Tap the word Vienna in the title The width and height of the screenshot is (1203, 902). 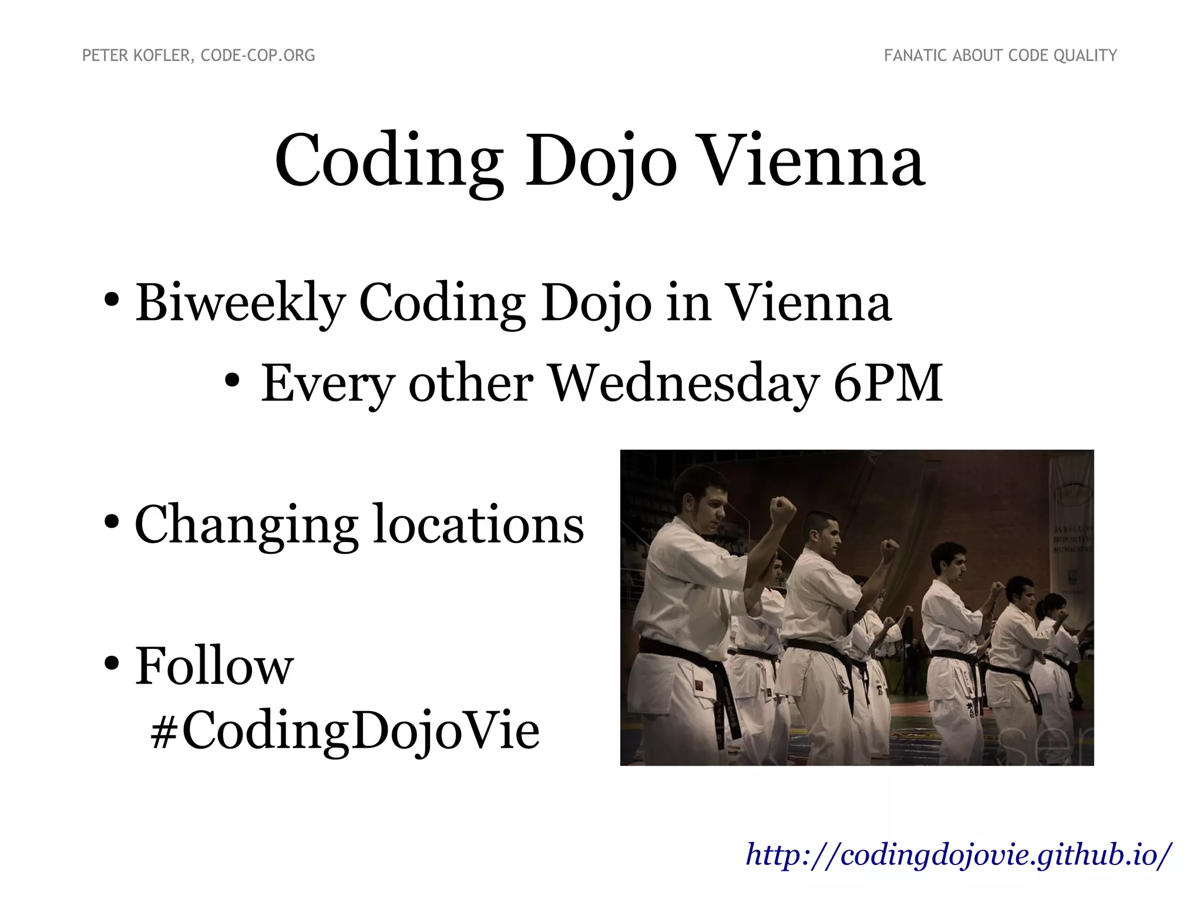tap(813, 161)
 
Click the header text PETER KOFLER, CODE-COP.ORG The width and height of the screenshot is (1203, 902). tap(199, 56)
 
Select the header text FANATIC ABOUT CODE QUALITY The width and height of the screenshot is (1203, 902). tap(1000, 56)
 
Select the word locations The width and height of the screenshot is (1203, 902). tap(479, 524)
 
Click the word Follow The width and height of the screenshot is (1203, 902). tap(214, 667)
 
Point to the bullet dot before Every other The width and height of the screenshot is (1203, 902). tap(232, 381)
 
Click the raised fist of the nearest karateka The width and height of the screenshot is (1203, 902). tap(782, 510)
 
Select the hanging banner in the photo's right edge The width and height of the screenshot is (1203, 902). tap(1072, 529)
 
